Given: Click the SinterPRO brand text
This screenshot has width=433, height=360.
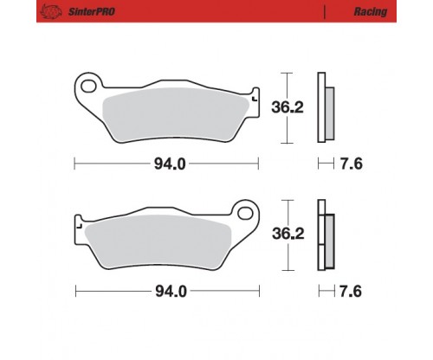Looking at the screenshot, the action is pyautogui.click(x=92, y=11).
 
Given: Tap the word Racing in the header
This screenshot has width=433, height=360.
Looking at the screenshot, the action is pyautogui.click(x=371, y=11).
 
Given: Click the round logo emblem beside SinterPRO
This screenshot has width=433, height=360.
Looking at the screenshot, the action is pyautogui.click(x=51, y=12).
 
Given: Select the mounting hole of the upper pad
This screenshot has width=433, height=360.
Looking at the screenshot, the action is pyautogui.click(x=88, y=87).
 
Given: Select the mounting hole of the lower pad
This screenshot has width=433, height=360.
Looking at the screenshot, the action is pyautogui.click(x=245, y=214).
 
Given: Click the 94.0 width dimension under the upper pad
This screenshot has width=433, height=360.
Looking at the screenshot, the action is pyautogui.click(x=170, y=164).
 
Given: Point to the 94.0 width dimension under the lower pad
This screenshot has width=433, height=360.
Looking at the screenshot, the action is pyautogui.click(x=171, y=292).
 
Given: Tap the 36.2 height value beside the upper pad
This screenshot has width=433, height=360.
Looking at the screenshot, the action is pyautogui.click(x=288, y=107).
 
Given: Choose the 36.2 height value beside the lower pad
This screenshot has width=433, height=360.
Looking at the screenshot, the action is pyautogui.click(x=288, y=234).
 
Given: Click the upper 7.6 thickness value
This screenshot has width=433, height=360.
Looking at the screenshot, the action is pyautogui.click(x=351, y=164).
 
